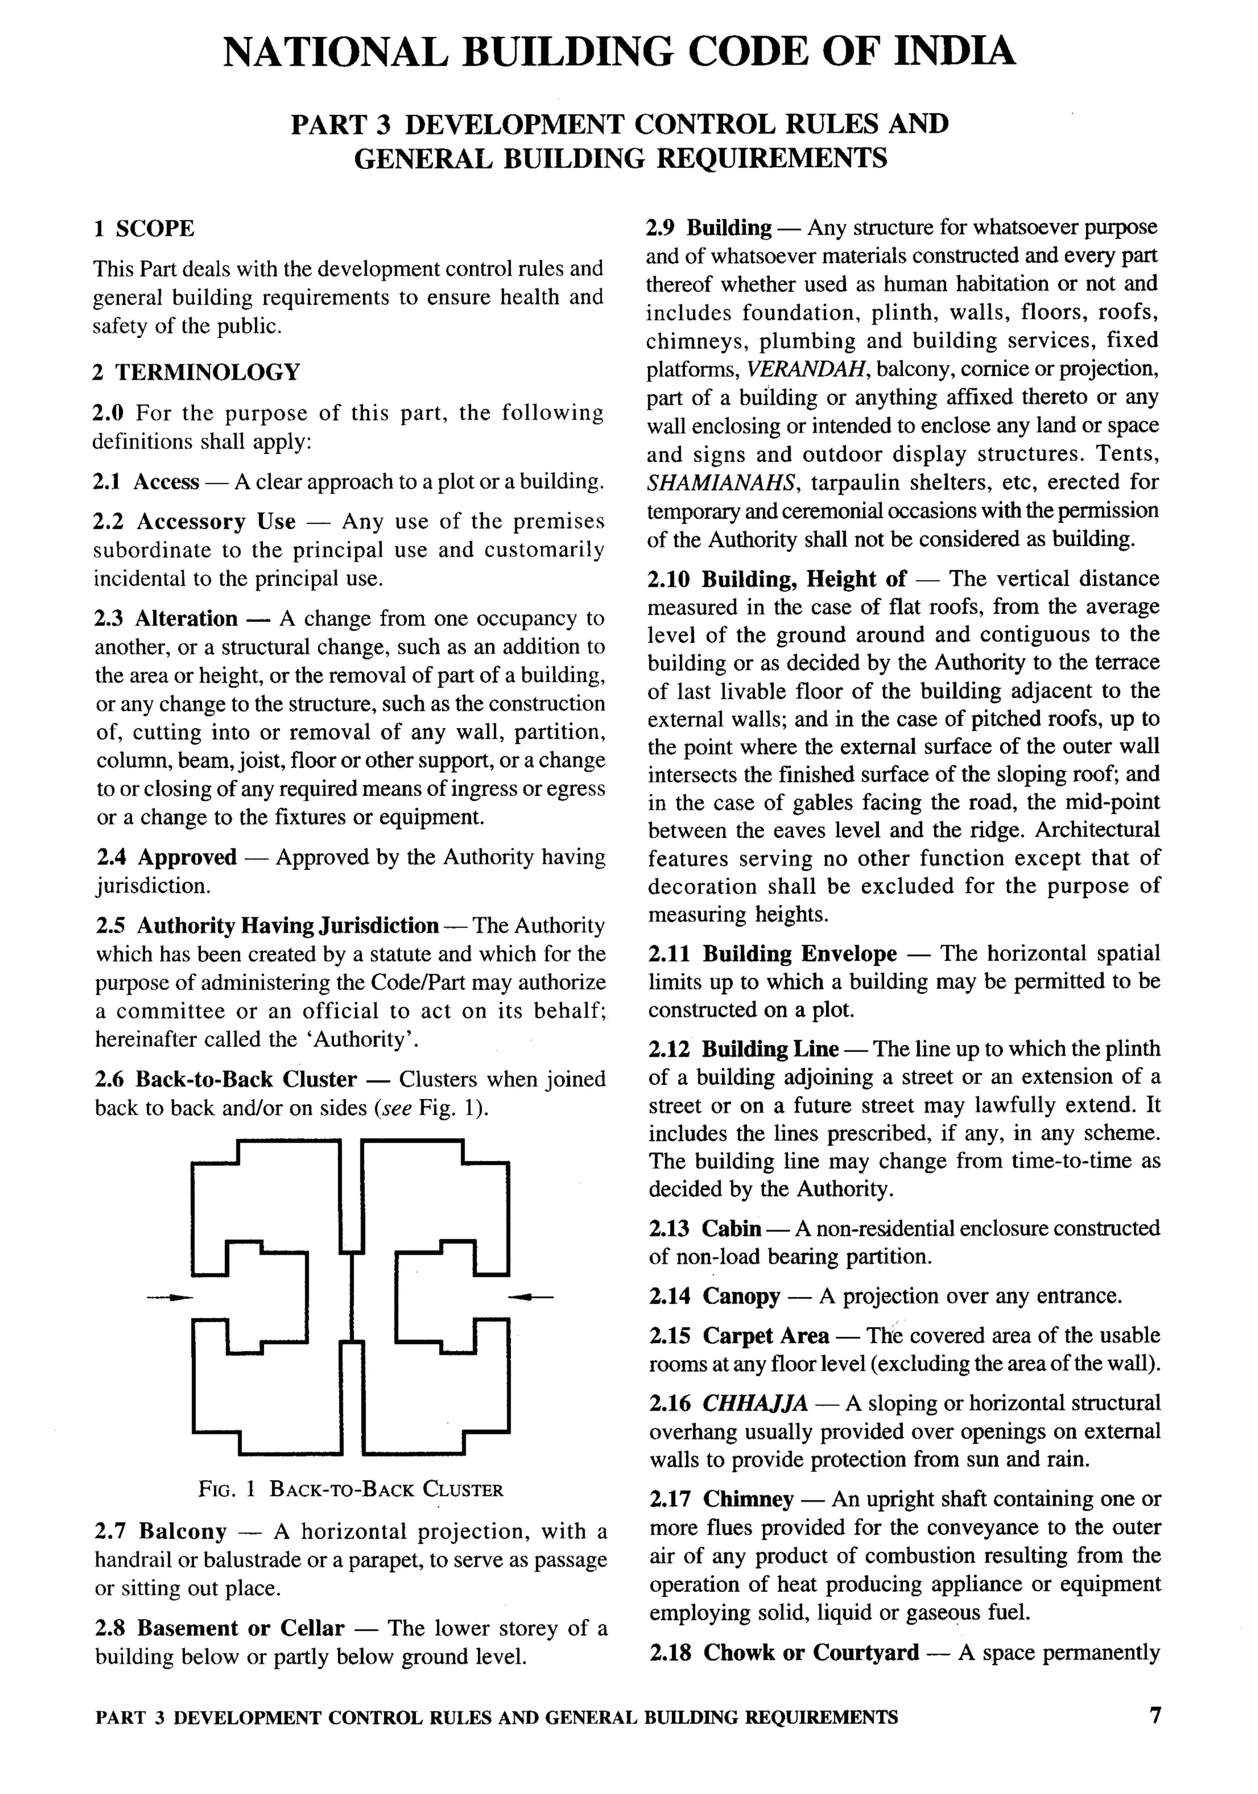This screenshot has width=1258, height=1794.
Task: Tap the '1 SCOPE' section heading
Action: pos(144,229)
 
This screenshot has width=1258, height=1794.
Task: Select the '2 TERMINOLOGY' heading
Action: pos(196,372)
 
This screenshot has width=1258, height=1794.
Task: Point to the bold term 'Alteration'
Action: pos(186,618)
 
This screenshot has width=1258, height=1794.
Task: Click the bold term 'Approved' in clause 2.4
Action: pos(187,857)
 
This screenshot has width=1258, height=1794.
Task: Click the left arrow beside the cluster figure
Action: pos(170,1297)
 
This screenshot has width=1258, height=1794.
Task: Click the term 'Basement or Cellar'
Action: pos(241,1628)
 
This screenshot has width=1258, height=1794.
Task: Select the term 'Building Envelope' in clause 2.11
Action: pos(799,954)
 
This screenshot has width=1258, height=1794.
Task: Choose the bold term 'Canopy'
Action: pos(741,1296)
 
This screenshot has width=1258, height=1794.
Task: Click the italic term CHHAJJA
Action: pos(755,1403)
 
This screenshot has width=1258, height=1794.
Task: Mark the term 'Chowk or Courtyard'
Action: pos(810,1653)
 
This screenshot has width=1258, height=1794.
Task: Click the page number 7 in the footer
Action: pos(1155,1715)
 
